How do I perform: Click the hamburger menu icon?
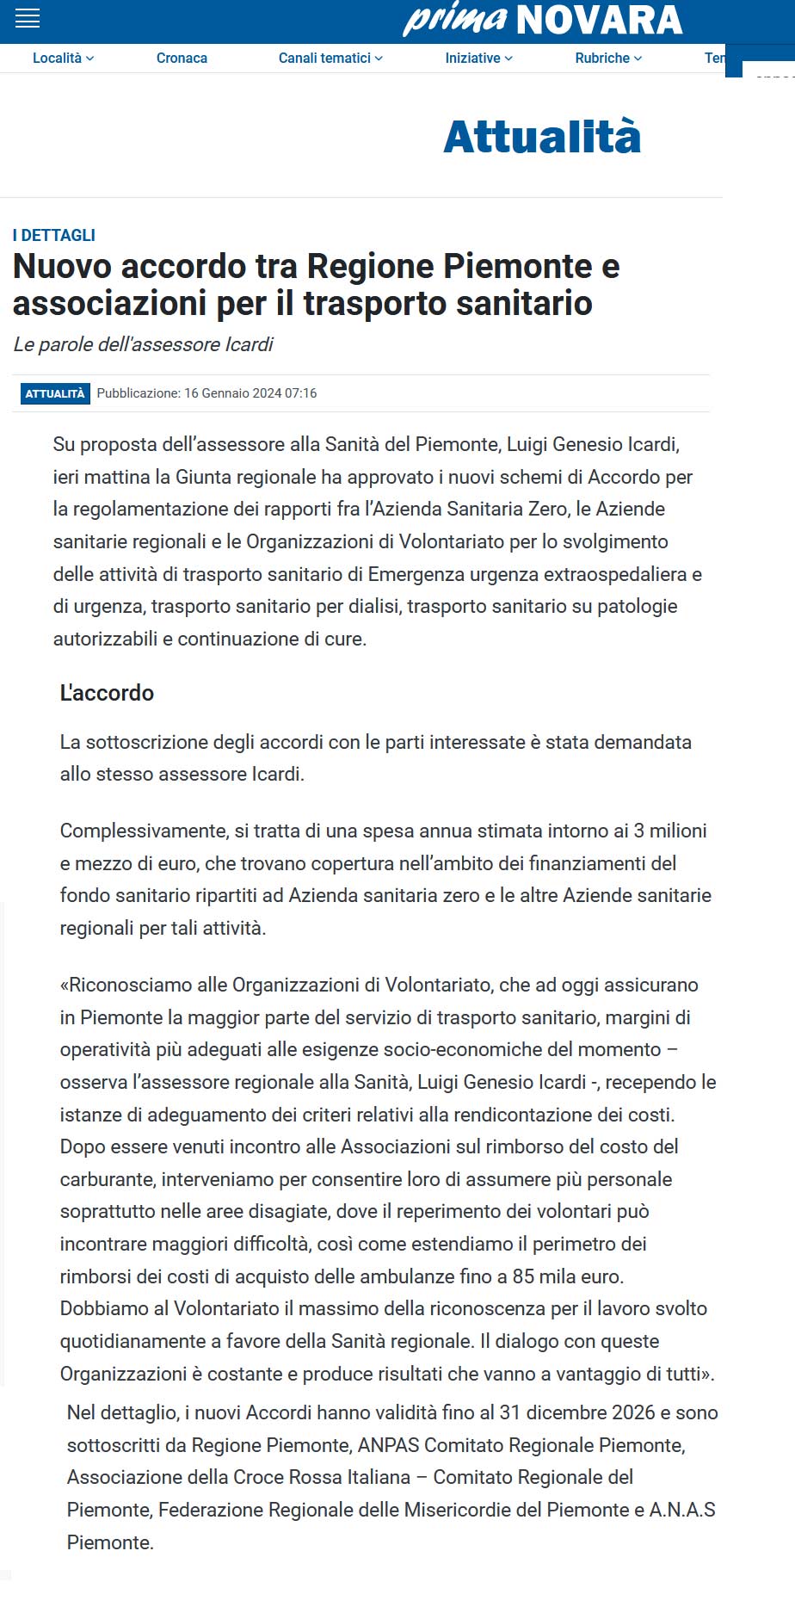pyautogui.click(x=28, y=18)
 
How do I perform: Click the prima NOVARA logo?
pyautogui.click(x=543, y=19)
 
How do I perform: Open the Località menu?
pyautogui.click(x=63, y=58)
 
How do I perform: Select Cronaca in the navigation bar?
pyautogui.click(x=182, y=58)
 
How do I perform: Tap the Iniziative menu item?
pyautogui.click(x=478, y=58)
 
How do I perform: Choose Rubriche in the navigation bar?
pyautogui.click(x=608, y=58)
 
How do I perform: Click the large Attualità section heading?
pyautogui.click(x=542, y=137)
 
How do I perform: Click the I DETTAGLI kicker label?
pyautogui.click(x=54, y=235)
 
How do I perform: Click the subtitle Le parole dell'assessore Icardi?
pyautogui.click(x=143, y=344)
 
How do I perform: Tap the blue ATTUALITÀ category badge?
pyautogui.click(x=55, y=393)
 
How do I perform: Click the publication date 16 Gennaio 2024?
pyautogui.click(x=232, y=393)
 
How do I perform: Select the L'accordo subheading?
pyautogui.click(x=107, y=693)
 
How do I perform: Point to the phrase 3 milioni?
pyautogui.click(x=670, y=831)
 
